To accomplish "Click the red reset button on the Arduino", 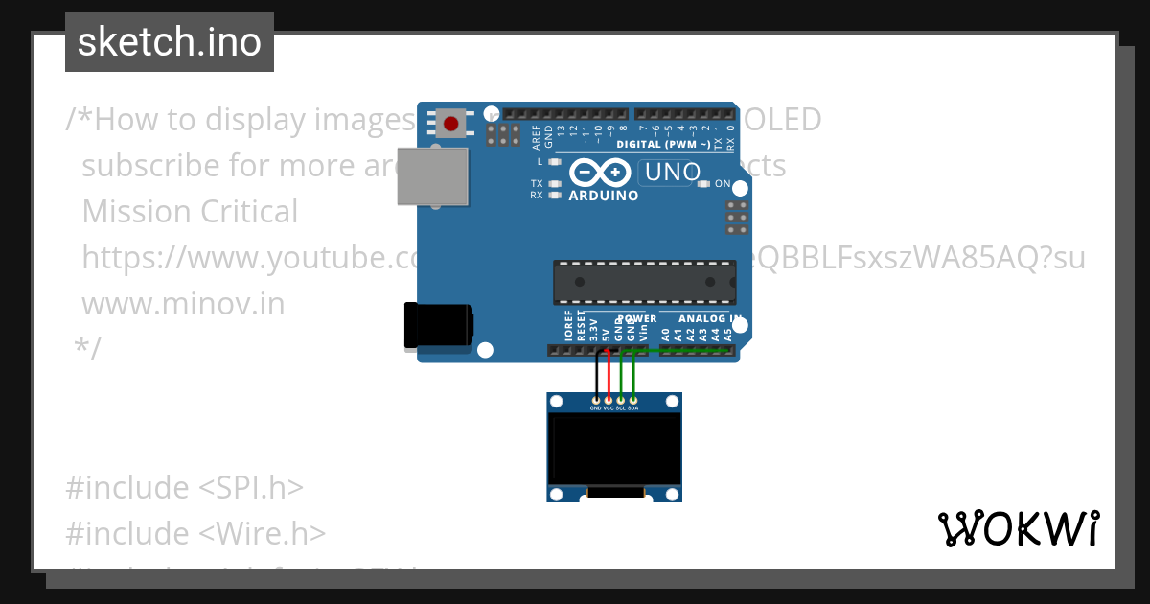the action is click(x=451, y=123).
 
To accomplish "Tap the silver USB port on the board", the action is click(x=432, y=176).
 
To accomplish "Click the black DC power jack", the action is click(x=437, y=325).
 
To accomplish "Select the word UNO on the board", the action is click(x=673, y=174).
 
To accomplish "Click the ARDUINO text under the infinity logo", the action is click(x=604, y=196).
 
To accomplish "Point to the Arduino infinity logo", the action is click(x=599, y=173).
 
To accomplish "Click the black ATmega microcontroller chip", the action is click(x=644, y=282).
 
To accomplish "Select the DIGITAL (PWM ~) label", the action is click(x=663, y=144).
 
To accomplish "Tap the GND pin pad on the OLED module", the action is click(x=596, y=400).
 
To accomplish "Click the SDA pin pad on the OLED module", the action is click(x=632, y=400).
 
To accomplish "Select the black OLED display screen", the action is click(x=613, y=449).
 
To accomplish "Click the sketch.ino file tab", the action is click(x=169, y=42).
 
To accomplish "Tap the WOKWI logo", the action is click(x=1018, y=528).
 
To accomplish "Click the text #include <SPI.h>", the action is click(x=184, y=487).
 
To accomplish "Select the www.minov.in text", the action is click(x=183, y=303).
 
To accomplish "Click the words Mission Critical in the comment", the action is click(x=190, y=211).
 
